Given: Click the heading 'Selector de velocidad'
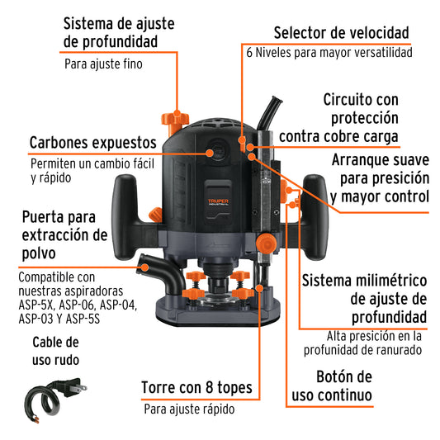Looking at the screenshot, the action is tap(341, 33).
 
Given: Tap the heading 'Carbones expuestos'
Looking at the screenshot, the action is tap(93, 143).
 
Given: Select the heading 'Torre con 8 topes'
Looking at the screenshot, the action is tap(196, 387).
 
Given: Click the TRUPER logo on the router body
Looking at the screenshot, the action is tap(218, 202).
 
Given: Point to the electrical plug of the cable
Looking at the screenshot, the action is tap(73, 387).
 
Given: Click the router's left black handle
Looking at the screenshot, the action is tap(125, 216).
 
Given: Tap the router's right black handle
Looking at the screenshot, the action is tap(315, 216).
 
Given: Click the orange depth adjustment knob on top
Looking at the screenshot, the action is tap(174, 123).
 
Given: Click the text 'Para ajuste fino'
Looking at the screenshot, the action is tap(103, 64).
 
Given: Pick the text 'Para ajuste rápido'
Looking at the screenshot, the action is tap(189, 409).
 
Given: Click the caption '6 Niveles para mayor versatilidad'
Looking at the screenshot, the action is tap(329, 53).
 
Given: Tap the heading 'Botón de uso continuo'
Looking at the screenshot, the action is tap(332, 386).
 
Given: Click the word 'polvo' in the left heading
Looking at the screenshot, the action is tap(39, 253).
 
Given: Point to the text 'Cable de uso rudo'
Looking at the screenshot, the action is tap(55, 351).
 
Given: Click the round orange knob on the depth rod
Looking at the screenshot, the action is tap(266, 243).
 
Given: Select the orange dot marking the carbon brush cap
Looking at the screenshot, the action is tap(210, 153).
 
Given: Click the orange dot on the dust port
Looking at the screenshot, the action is tap(144, 267).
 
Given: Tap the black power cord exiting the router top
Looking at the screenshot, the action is tap(269, 113).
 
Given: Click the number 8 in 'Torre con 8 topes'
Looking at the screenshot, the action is tap(209, 387).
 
